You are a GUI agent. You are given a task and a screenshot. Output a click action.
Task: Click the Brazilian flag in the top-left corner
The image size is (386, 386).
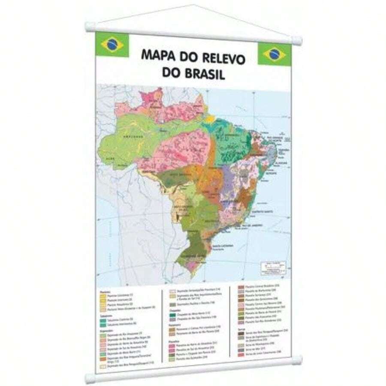[112, 44]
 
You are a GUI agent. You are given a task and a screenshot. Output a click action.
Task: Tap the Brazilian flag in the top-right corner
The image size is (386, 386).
[274, 54]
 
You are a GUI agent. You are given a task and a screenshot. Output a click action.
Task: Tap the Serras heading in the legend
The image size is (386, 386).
[241, 329]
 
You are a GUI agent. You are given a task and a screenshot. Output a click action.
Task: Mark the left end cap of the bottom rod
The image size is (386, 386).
[90, 378]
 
